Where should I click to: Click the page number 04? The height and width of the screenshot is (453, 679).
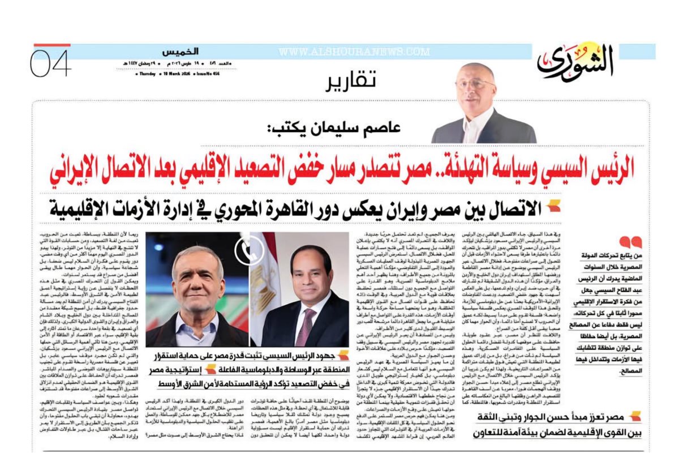pyautogui.click(x=50, y=64)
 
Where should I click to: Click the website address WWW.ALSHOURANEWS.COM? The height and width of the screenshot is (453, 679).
pyautogui.click(x=354, y=52)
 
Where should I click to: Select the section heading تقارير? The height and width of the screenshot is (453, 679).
pyautogui.click(x=351, y=83)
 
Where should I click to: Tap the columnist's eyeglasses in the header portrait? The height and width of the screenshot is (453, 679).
pyautogui.click(x=475, y=83)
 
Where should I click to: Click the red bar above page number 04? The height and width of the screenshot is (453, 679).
pyautogui.click(x=52, y=44)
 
